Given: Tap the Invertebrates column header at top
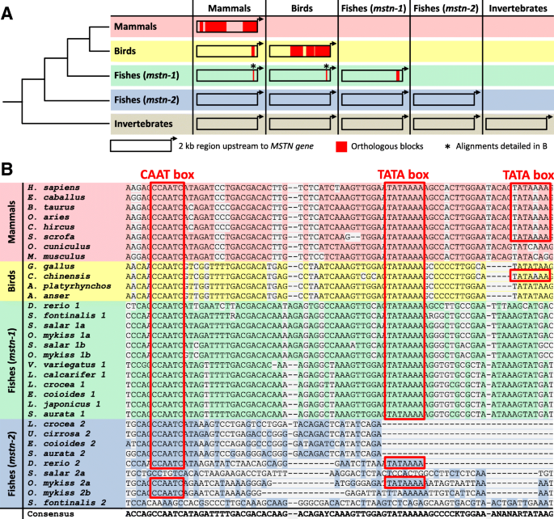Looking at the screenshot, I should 518,7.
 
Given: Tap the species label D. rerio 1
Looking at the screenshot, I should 48,305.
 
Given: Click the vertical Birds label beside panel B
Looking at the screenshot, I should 10,279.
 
